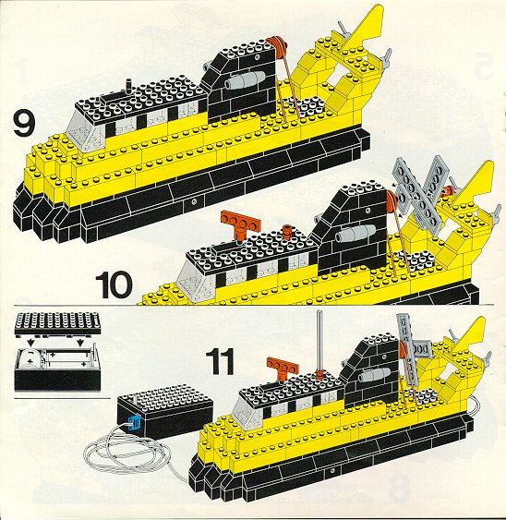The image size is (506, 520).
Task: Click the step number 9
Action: coord(24,124)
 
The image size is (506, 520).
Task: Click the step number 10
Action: coord(114,284)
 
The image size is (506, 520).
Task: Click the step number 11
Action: coord(220,362)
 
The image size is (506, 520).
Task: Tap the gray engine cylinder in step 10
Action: coord(355,234)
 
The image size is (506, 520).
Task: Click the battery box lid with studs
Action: coord(57,323)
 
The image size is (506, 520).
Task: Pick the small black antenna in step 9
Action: coord(128,87)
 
